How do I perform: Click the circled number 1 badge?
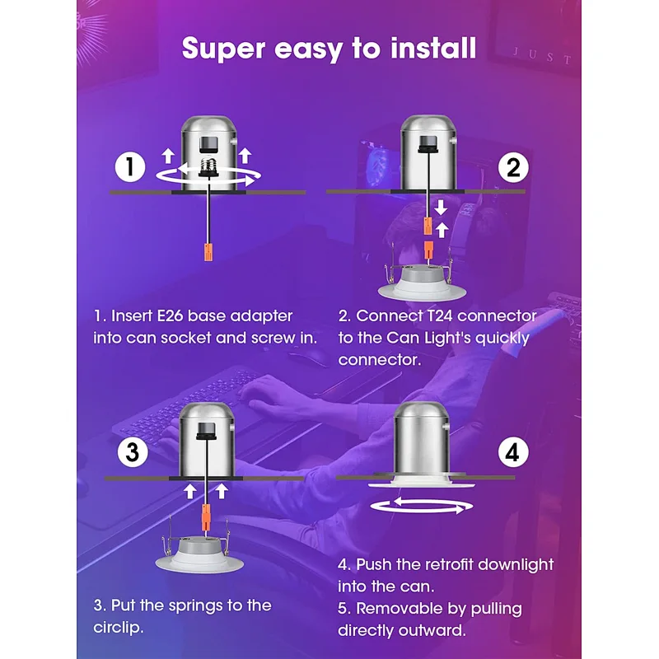point(130,167)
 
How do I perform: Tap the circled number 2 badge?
point(513,167)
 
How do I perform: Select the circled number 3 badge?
point(133,452)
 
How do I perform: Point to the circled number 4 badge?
point(513,452)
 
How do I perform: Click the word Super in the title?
point(223,49)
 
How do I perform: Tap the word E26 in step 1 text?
point(171,316)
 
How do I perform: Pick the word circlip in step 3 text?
point(117,628)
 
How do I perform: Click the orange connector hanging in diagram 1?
point(208,251)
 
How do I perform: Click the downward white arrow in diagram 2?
point(441,208)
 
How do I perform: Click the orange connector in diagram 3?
point(206,517)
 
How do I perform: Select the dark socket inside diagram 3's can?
point(206,430)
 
